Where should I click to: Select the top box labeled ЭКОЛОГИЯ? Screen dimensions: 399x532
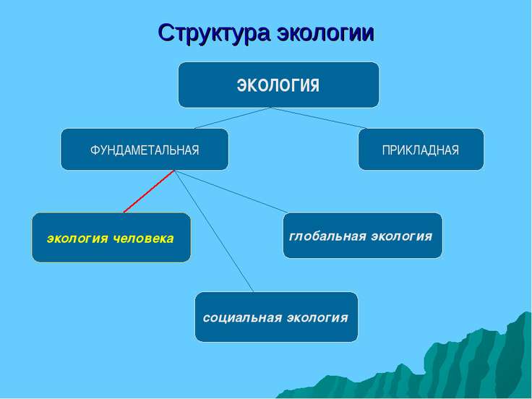click(278, 85)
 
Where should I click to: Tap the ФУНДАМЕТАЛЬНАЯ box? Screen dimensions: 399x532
click(144, 150)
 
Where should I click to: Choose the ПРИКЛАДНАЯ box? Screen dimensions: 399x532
click(421, 150)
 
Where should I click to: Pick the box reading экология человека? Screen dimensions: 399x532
click(111, 237)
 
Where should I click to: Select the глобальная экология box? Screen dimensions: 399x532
click(362, 236)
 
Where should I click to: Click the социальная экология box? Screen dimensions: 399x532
click(276, 317)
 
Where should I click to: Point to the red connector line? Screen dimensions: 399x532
click(150, 192)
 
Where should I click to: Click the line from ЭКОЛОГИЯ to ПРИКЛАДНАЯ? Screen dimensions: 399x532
click(318, 118)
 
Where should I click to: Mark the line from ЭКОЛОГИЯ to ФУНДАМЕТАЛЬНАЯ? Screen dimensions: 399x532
click(231, 118)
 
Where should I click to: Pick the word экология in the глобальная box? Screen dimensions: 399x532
click(403, 236)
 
